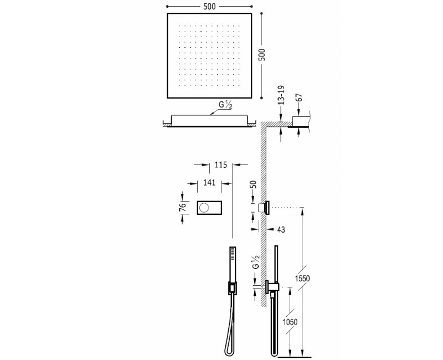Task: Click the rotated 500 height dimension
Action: click(262, 54)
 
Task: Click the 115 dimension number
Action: click(221, 164)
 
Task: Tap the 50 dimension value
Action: click(254, 185)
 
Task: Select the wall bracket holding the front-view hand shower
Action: click(231, 287)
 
